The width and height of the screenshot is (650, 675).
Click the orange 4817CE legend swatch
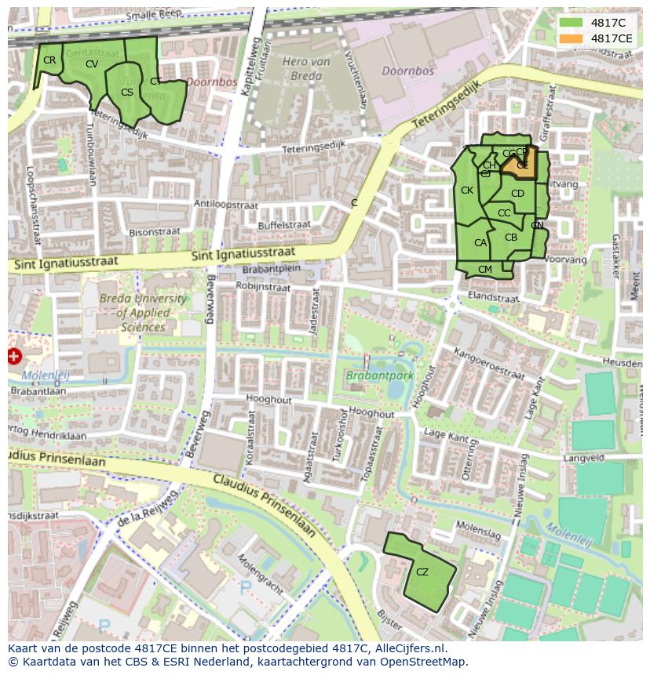571,38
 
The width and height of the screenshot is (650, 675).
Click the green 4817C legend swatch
571,23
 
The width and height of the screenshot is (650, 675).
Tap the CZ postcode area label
422,572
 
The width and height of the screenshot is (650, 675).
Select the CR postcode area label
49,60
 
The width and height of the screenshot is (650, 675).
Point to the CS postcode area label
127,93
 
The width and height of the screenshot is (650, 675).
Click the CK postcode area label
467,191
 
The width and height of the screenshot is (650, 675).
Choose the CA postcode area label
480,244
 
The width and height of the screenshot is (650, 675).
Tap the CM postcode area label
485,270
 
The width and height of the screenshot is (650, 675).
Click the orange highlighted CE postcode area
520,165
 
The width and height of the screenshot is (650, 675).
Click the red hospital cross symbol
14,357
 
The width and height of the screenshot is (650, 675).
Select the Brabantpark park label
380,376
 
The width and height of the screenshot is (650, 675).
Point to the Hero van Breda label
302,69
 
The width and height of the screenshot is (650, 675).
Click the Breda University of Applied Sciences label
132,313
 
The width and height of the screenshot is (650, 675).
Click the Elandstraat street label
493,298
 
